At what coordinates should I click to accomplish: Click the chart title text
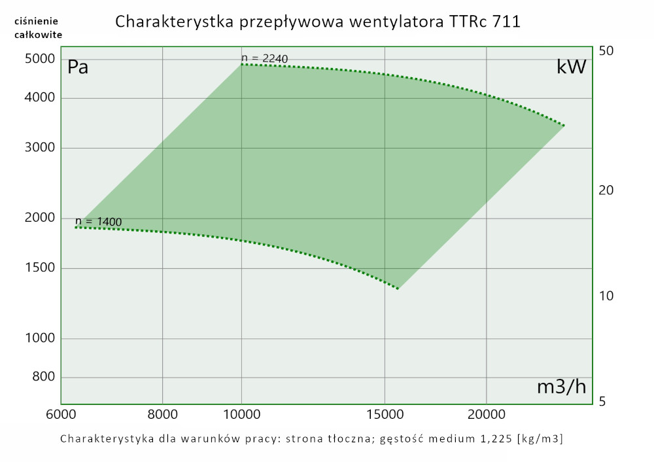tap(318, 22)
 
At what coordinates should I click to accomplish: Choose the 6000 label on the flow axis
tap(61, 414)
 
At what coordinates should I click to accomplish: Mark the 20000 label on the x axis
tap(487, 414)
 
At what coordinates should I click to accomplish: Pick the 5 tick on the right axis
tap(604, 402)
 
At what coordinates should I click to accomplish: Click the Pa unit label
tap(78, 67)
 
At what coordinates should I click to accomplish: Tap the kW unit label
tap(570, 67)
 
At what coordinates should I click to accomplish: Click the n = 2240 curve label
tap(265, 59)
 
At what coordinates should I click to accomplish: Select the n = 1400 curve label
tap(99, 222)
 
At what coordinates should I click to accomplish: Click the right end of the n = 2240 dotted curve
tap(564, 125)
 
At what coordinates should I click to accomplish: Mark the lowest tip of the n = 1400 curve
tap(398, 288)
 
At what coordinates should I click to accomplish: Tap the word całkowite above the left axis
tap(38, 34)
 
